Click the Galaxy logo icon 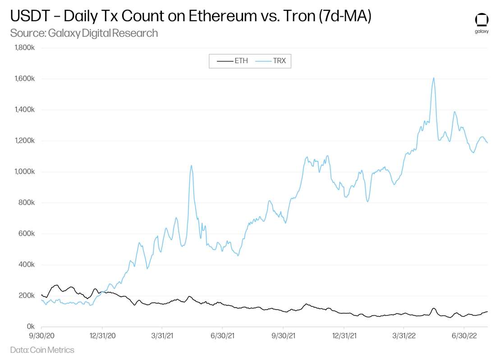(482, 21)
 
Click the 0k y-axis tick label (31, 326)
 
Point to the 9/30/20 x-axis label (41, 336)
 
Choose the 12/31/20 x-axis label (102, 336)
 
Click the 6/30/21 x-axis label (222, 336)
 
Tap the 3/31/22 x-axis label (404, 336)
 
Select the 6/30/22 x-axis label (464, 336)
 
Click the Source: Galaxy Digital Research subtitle (84, 33)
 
